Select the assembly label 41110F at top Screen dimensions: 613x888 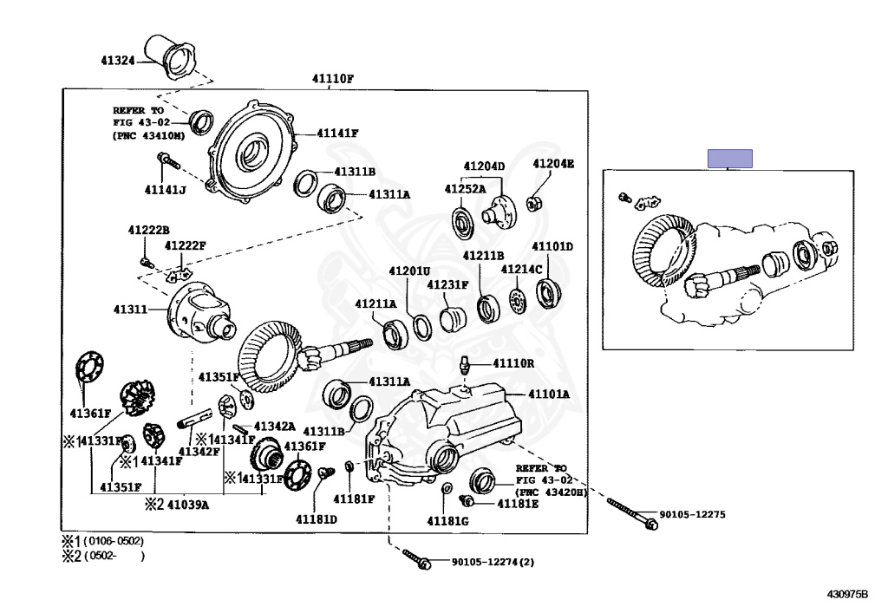(x=332, y=79)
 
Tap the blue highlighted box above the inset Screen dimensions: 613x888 (x=729, y=159)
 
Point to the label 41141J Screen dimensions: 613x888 (x=166, y=190)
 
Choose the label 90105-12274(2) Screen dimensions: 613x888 (x=493, y=562)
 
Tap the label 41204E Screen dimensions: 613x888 (x=552, y=163)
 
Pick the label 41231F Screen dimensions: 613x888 (x=447, y=284)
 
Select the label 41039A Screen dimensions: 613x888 (x=187, y=504)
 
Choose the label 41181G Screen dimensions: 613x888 (x=447, y=520)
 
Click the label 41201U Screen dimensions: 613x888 (x=409, y=271)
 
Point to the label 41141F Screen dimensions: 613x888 (x=337, y=133)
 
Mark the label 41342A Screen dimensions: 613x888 (x=274, y=427)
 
